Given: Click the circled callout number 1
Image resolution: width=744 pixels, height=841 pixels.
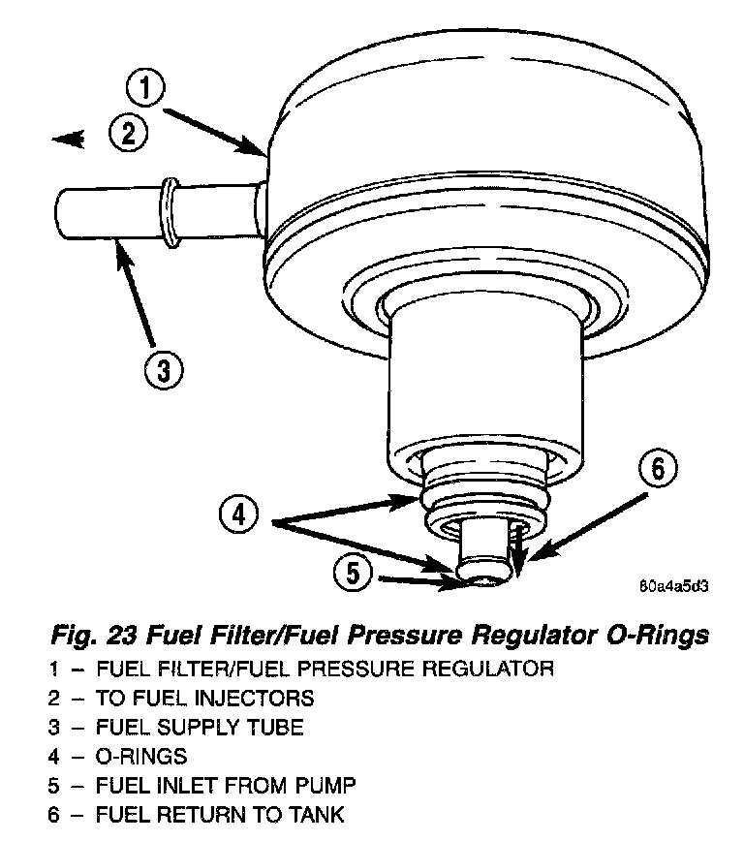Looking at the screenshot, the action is click(146, 91).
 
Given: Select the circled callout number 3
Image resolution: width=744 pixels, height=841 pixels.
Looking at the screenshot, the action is click(163, 367).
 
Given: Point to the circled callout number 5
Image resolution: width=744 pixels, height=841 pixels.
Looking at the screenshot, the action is click(353, 575).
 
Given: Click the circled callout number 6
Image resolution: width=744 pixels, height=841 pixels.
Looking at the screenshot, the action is click(656, 470).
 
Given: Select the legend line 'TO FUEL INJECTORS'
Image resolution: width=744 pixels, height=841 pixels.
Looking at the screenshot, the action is click(204, 697).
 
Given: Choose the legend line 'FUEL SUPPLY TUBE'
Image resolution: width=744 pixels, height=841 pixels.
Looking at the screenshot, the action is click(200, 726).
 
